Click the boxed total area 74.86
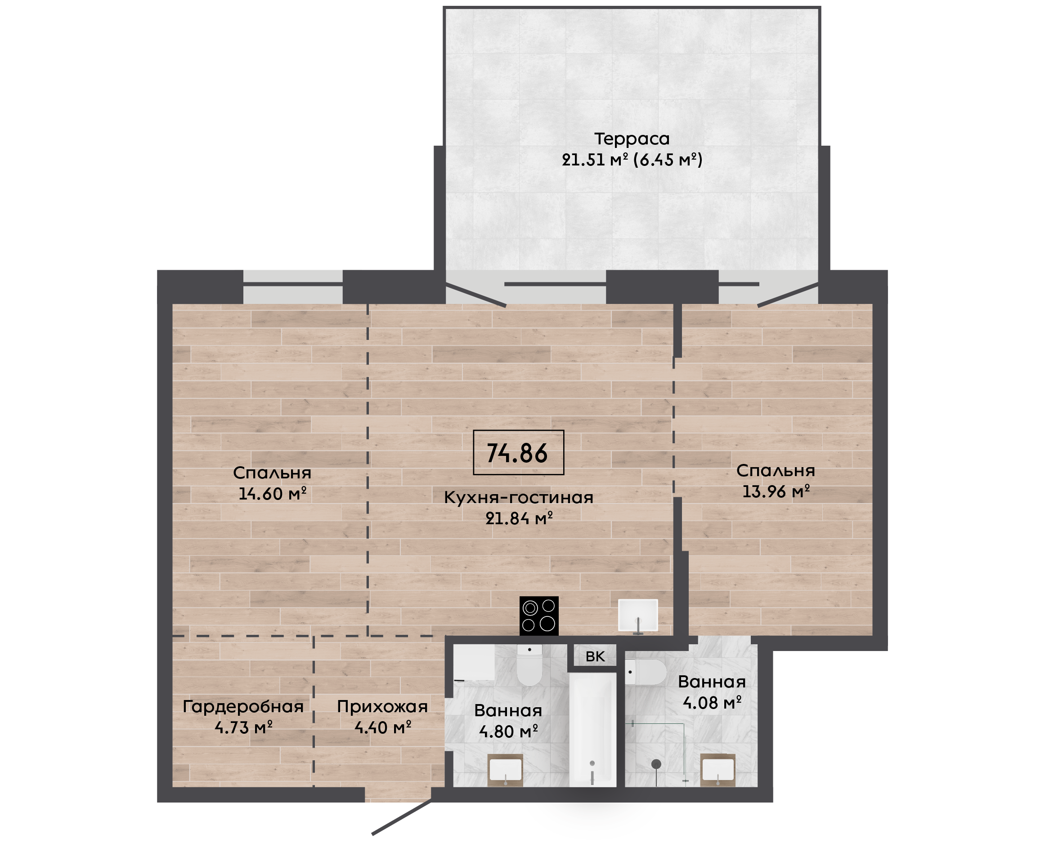518,452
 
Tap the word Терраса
632,139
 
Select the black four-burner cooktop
539,616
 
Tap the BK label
595,657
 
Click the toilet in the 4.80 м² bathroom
529,665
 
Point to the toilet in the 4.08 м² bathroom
645,672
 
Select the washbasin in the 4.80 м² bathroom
505,770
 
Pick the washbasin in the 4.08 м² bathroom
718,770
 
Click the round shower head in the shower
656,764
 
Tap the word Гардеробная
243,707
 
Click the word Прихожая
382,707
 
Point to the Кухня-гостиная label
518,498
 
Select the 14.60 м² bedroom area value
272,494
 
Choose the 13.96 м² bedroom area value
776,491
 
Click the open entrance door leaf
402,818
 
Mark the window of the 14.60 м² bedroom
293,286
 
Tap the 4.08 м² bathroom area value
712,703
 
